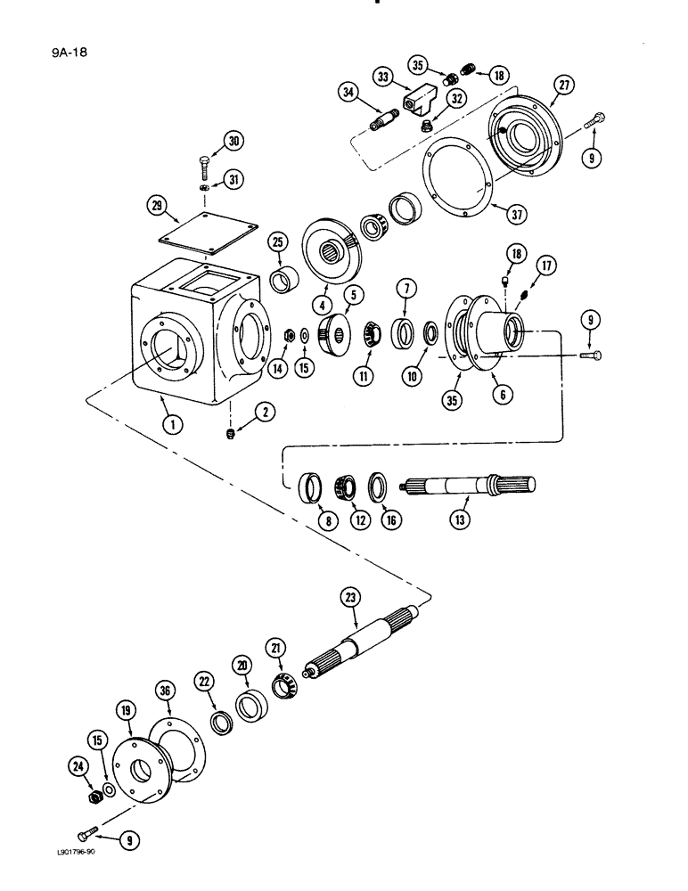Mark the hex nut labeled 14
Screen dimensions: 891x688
pos(290,335)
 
